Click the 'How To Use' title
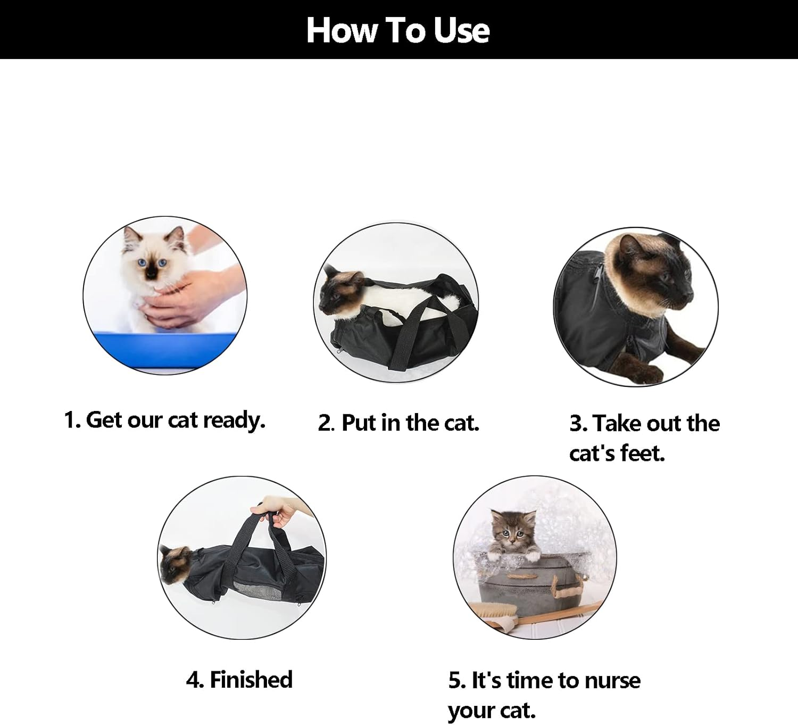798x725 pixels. pyautogui.click(x=398, y=30)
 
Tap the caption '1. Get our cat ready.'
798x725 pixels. pyautogui.click(x=164, y=420)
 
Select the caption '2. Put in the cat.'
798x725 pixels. pyautogui.click(x=398, y=423)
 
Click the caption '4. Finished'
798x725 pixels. pyautogui.click(x=239, y=680)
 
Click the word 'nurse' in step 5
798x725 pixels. pyautogui.click(x=612, y=681)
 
